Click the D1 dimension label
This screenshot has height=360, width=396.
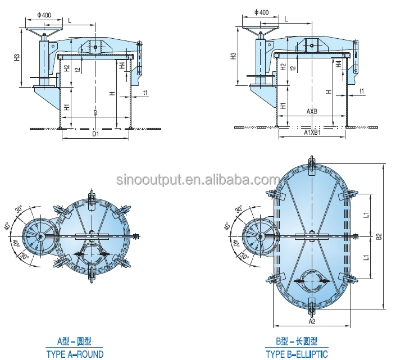point(95,135)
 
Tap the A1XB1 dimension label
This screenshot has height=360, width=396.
point(312,133)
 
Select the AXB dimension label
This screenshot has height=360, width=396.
point(312,112)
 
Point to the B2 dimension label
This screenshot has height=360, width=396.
point(379,237)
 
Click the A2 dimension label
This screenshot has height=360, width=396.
point(312,321)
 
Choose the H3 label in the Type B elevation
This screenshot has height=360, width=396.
point(233,57)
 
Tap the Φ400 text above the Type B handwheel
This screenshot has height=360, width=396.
point(261,12)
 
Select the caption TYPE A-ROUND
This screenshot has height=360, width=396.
point(75,354)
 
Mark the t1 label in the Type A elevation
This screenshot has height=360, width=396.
point(145,92)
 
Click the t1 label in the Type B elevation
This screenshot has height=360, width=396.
point(361,92)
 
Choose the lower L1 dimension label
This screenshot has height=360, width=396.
point(366,257)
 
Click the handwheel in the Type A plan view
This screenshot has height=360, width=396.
point(40,238)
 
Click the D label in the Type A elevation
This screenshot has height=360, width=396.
point(95,113)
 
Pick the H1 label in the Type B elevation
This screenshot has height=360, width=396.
point(284,105)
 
